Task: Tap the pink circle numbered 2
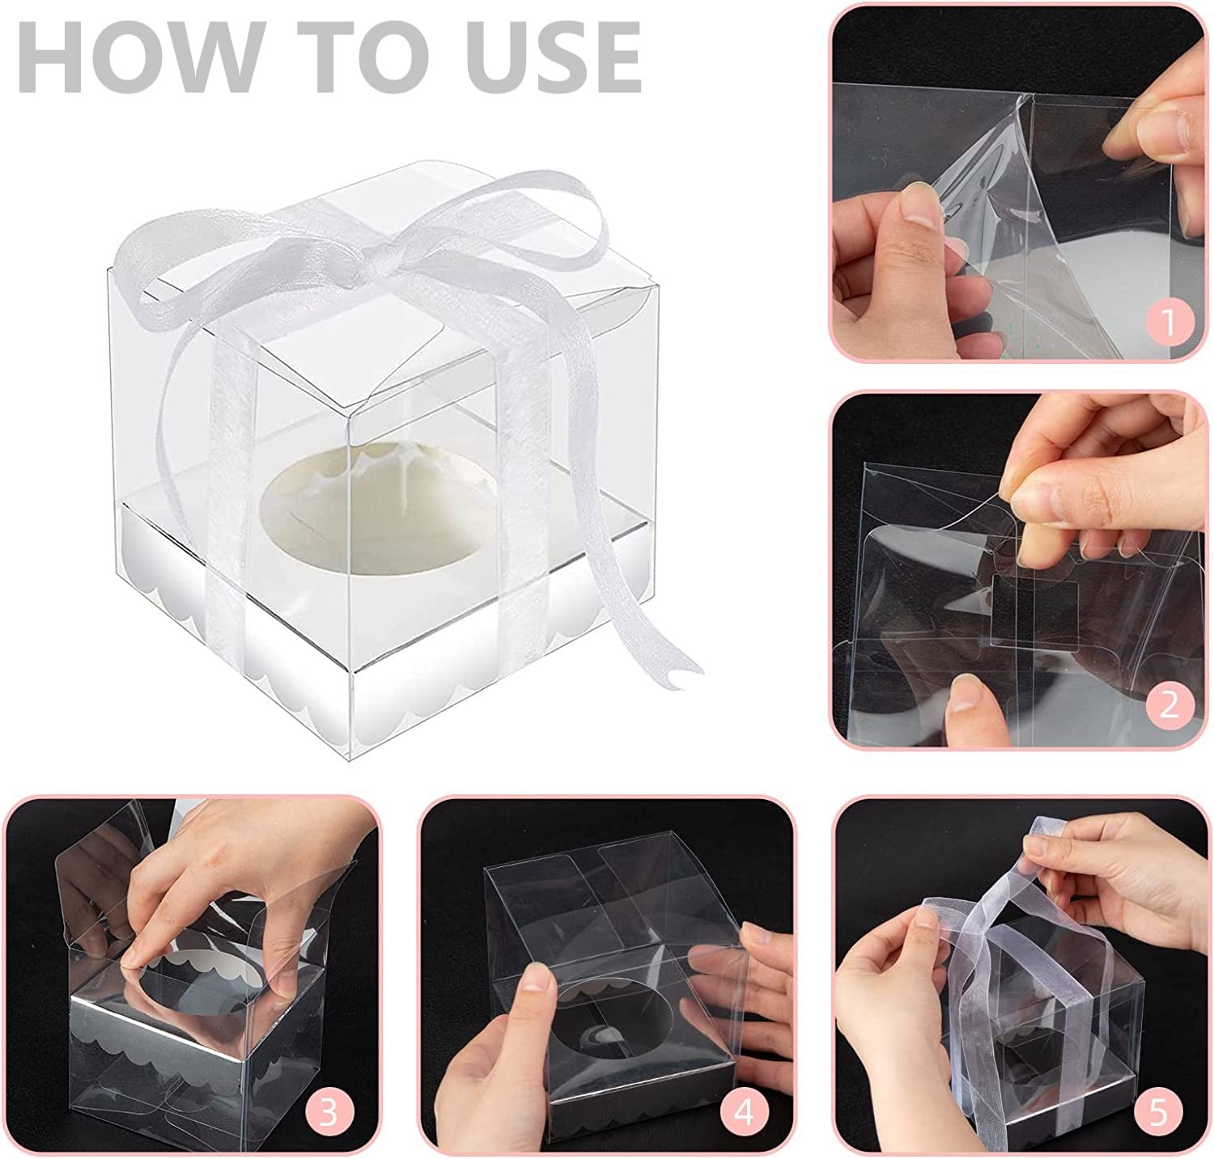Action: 1168,704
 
